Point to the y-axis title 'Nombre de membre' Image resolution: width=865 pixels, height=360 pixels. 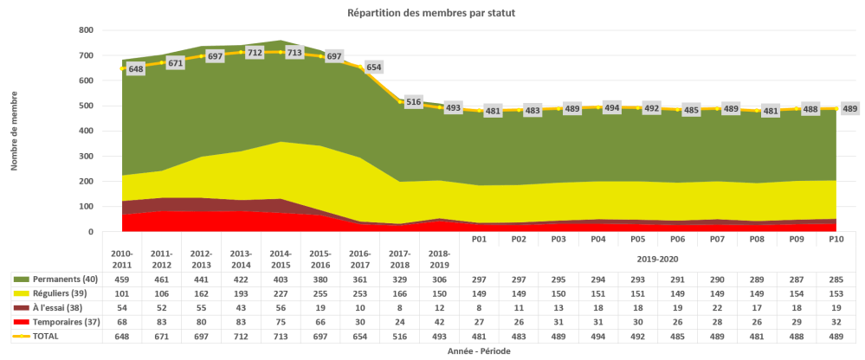click(x=15, y=131)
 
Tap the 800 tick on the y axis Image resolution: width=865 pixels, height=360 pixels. click(x=86, y=30)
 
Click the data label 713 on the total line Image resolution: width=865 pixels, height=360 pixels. click(x=294, y=53)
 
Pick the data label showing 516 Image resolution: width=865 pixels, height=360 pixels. click(x=414, y=102)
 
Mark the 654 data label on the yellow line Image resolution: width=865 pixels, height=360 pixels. click(x=374, y=67)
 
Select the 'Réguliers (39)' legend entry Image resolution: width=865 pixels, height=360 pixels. click(x=56, y=293)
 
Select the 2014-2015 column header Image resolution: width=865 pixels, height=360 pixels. click(x=281, y=258)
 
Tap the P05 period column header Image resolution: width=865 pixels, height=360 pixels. click(x=637, y=240)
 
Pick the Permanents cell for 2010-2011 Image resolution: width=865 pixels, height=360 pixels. click(x=121, y=279)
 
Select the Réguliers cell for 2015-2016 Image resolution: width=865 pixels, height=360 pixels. click(x=320, y=293)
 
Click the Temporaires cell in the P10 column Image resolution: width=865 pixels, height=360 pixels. click(x=836, y=321)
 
